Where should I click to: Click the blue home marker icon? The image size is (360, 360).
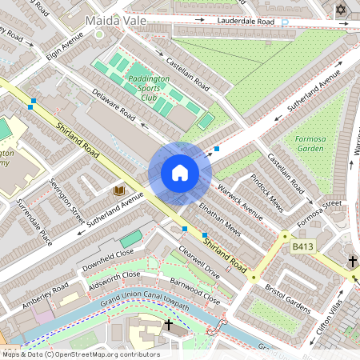click(x=180, y=172)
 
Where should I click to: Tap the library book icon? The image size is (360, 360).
click(x=119, y=190)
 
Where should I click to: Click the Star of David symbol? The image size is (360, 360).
click(x=342, y=10)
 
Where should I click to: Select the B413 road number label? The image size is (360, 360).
click(x=302, y=247)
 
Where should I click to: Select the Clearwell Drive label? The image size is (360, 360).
click(x=199, y=260)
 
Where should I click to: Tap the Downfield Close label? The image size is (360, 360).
click(x=109, y=255)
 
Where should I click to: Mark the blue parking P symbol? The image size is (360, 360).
click(x=284, y=22)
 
